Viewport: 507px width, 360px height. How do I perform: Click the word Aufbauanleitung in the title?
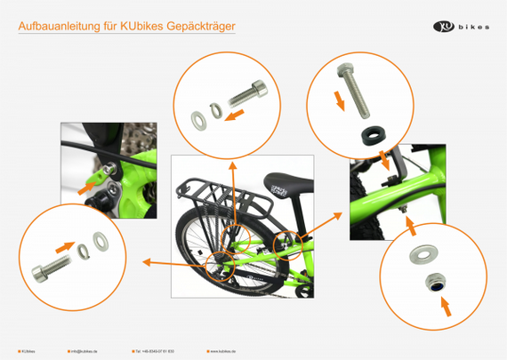point(52,28)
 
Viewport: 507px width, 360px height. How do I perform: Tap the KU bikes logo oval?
point(444,27)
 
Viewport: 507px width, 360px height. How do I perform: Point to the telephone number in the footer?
point(157,351)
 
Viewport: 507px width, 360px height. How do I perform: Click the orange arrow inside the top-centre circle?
point(234,115)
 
